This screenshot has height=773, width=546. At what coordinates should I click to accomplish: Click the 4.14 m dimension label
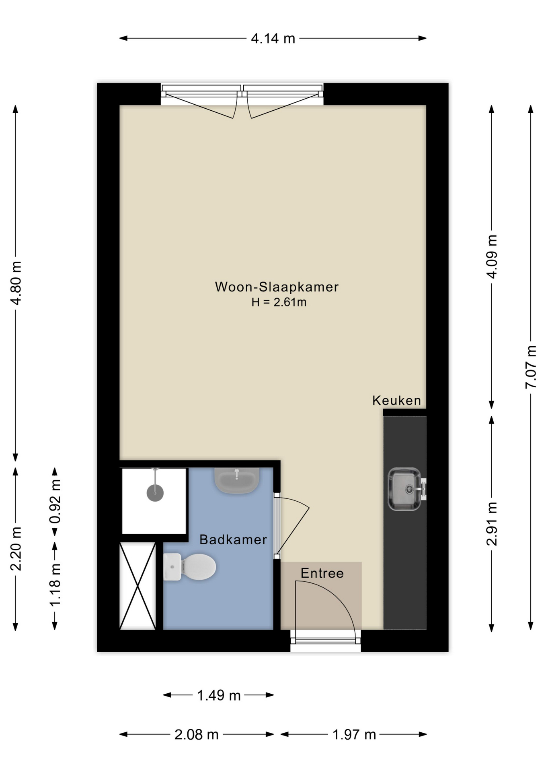click(273, 39)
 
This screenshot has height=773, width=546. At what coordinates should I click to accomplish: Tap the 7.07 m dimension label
click(531, 367)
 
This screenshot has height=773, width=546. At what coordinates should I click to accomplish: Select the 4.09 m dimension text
click(492, 256)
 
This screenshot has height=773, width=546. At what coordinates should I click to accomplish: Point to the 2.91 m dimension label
click(492, 523)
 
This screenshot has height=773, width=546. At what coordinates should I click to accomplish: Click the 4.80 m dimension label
click(16, 283)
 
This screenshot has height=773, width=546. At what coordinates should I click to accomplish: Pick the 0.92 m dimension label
click(55, 501)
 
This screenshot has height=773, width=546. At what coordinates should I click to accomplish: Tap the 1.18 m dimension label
click(55, 585)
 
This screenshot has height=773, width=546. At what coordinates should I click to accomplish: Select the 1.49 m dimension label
click(219, 695)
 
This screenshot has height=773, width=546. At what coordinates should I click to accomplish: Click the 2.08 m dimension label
click(196, 735)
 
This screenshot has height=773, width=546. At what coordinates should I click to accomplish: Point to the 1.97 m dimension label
click(354, 735)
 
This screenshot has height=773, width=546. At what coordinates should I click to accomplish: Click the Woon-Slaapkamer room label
click(277, 287)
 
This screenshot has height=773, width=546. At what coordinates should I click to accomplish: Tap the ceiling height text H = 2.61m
click(279, 302)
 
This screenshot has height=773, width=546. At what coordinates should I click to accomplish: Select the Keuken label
click(396, 401)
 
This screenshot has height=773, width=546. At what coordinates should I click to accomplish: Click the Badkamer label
click(233, 540)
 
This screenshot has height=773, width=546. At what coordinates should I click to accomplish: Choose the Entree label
click(322, 573)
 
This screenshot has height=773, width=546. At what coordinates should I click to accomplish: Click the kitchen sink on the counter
click(404, 489)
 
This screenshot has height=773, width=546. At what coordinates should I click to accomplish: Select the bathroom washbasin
click(236, 480)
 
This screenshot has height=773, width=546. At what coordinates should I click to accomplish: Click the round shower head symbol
click(155, 493)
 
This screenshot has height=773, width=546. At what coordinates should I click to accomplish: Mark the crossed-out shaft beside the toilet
click(138, 586)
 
